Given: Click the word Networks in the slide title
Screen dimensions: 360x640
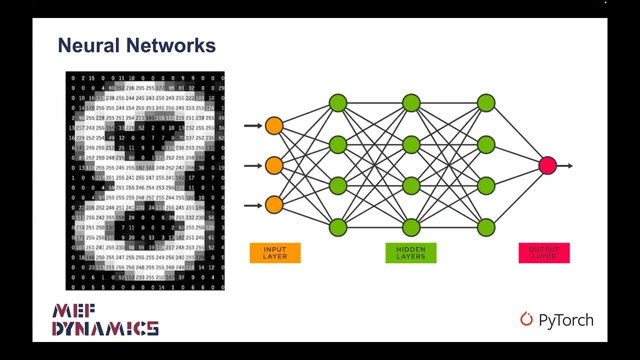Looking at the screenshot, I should [171, 45].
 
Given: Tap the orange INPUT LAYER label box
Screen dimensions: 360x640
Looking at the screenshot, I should [275, 253].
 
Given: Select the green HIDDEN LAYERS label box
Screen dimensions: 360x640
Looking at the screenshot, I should [411, 253].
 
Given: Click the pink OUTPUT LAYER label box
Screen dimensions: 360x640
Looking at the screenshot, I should [544, 253].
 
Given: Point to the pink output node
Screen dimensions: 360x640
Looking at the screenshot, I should [547, 165].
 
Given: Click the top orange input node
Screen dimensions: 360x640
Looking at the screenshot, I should [274, 125].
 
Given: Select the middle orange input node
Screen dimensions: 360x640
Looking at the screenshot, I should [274, 165].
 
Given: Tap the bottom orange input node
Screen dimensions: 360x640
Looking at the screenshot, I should [274, 204].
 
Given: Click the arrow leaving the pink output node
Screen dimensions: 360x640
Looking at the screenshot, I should [565, 165].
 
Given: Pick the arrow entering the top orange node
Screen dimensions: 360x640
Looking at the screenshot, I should [253, 125].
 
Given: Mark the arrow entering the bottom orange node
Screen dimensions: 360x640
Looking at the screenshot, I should [253, 204].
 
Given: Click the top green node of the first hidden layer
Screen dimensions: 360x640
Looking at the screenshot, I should [338, 103].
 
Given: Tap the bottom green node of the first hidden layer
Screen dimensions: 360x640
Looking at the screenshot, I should [338, 227].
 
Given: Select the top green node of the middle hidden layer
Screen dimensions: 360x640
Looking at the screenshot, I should [411, 103].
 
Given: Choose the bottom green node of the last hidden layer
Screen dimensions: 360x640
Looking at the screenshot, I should [486, 227].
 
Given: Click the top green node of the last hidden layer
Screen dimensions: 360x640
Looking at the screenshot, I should [486, 103].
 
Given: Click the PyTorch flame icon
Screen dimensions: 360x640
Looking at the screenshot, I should [526, 319].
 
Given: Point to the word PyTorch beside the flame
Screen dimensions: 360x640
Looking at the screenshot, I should [566, 320].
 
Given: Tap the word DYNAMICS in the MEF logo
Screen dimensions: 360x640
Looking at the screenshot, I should [105, 328].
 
